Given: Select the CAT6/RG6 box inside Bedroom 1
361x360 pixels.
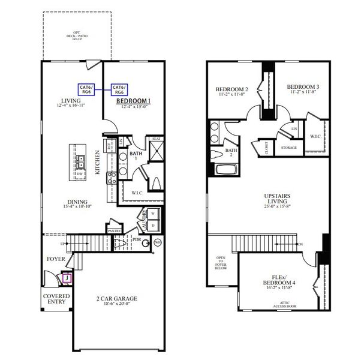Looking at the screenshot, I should click(119, 89).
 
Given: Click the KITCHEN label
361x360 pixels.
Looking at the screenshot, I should click(98, 162).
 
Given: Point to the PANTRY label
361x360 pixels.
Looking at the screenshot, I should click(115, 230).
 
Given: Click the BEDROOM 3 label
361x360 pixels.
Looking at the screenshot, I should click(302, 86).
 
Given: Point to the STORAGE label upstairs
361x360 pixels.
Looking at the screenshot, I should click(289, 147).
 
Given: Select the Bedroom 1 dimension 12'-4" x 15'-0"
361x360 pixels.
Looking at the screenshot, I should click(133, 107).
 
